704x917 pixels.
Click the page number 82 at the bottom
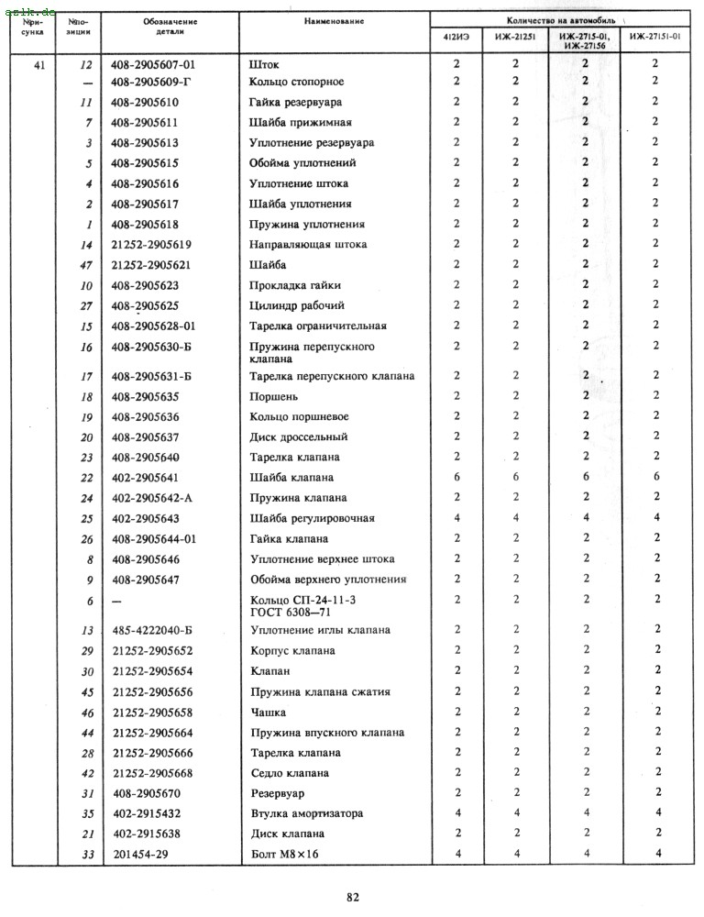tap(353, 897)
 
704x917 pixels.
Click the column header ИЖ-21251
tap(515, 37)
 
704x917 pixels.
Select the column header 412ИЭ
tap(456, 37)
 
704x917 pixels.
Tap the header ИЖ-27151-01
tap(654, 37)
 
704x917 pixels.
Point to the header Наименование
tap(334, 20)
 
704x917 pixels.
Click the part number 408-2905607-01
tap(153, 65)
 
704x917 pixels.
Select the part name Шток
tap(264, 65)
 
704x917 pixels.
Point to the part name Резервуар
tap(277, 793)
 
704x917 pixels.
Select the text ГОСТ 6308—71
tap(289, 613)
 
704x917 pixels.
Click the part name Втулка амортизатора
tap(306, 813)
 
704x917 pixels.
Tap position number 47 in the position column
tap(87, 264)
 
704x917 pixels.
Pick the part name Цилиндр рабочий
tap(284, 305)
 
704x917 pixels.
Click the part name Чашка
tap(268, 713)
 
